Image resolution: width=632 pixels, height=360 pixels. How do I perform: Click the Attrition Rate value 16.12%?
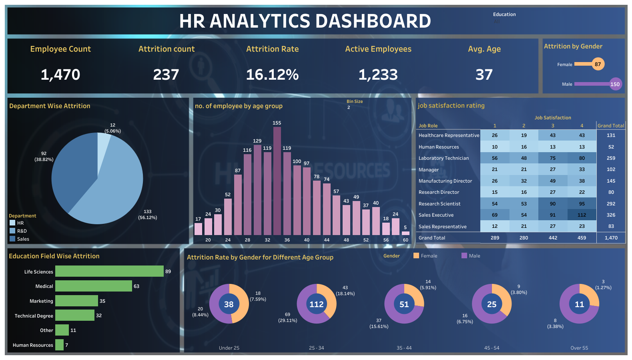pos(272,75)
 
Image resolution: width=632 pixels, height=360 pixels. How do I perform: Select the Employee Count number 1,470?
pos(60,75)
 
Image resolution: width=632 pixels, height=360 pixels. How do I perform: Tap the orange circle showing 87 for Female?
pos(598,64)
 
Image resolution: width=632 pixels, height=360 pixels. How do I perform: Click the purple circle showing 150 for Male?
pos(615,84)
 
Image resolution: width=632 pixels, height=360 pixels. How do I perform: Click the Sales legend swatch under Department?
pos(12,239)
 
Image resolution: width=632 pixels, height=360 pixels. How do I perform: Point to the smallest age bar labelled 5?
pos(405,233)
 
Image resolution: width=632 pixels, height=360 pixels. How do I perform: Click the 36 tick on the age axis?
pos(287,240)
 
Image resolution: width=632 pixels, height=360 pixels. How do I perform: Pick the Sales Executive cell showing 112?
pos(582,215)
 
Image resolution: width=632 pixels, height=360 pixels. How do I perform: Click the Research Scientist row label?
pos(439,204)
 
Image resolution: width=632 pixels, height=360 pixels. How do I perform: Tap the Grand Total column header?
pos(611,126)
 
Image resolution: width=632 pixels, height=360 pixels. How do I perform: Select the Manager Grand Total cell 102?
pos(611,169)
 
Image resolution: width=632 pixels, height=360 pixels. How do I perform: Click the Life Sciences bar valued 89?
pos(109,271)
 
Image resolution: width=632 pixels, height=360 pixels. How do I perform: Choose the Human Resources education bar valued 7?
pos(59,345)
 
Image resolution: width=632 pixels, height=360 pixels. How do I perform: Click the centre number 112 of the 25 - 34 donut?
pos(316,304)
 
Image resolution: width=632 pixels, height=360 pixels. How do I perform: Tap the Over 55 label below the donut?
pos(579,348)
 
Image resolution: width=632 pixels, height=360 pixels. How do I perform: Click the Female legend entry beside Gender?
pos(429,256)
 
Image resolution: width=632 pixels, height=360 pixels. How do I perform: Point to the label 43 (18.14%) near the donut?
pos(345,290)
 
